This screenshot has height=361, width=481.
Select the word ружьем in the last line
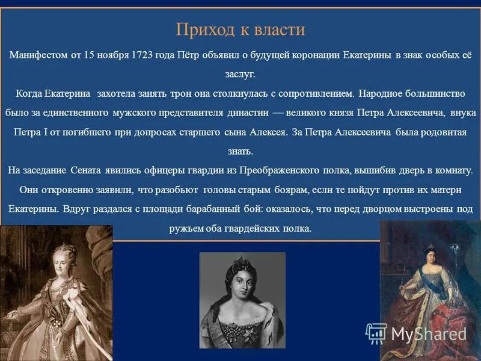click(x=186, y=229)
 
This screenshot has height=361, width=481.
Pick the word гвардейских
click(x=256, y=229)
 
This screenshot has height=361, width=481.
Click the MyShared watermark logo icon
click(x=376, y=333)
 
